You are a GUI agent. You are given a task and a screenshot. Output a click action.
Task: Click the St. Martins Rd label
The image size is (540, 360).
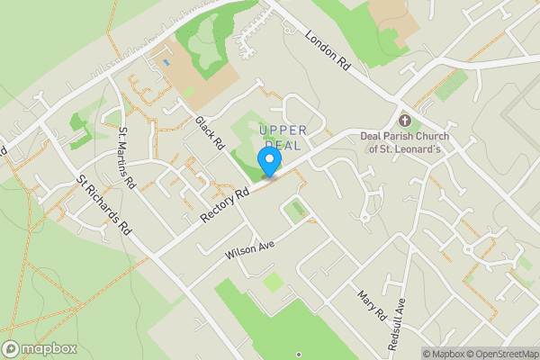pyautogui.click(x=126, y=158)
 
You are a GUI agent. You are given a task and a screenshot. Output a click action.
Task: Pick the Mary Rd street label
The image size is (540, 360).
pyautogui.click(x=371, y=306)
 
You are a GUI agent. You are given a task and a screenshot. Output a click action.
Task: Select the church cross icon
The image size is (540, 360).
pyautogui.click(x=404, y=121)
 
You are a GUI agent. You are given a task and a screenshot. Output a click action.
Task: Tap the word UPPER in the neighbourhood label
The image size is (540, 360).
pyautogui.click(x=283, y=130)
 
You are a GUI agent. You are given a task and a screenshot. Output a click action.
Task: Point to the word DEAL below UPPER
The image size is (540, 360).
pyautogui.click(x=284, y=145)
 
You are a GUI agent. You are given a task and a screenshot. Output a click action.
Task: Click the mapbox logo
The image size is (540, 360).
pyautogui.click(x=40, y=348)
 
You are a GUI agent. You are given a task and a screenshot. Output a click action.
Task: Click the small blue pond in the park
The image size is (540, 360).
pyautogui.click(x=165, y=63)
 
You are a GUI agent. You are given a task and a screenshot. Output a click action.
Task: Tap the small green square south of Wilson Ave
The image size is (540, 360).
pyautogui.click(x=273, y=283)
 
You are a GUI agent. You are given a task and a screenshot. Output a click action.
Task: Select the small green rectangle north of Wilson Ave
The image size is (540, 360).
pyautogui.click(x=298, y=211)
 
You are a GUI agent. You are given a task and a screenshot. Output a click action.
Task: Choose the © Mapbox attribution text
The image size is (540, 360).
pyautogui.click(x=443, y=354)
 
